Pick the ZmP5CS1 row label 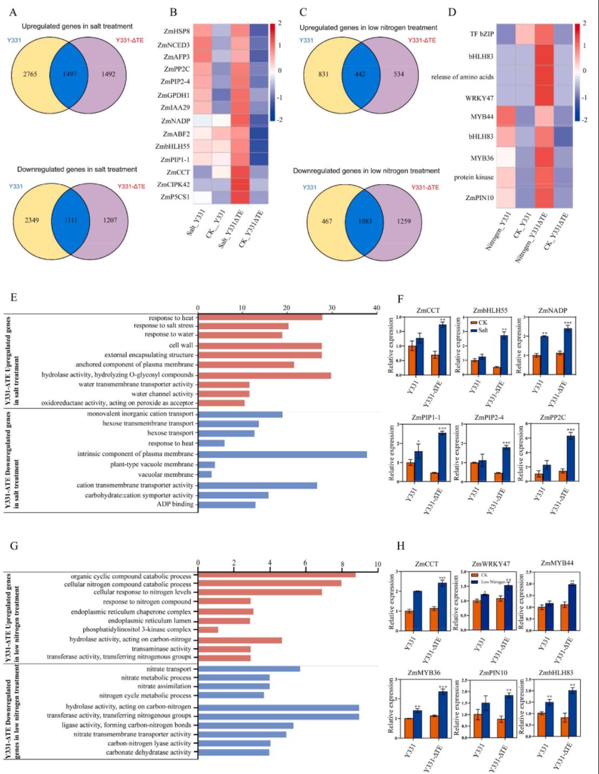click(x=176, y=198)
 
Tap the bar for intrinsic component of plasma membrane click(x=282, y=454)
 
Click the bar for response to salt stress click(x=243, y=326)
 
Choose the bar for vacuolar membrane click(x=205, y=474)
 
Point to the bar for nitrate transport click(x=249, y=669)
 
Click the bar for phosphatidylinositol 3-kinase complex click(x=209, y=630)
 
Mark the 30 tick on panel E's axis click(x=332, y=308)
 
